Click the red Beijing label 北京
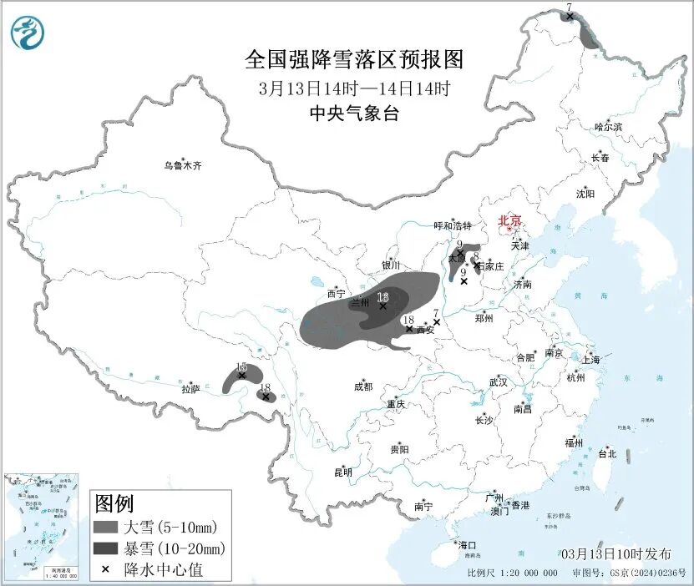tap(509, 220)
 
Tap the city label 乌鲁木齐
tap(182, 165)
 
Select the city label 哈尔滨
tap(608, 127)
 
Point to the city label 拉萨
tap(191, 388)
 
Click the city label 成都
tap(362, 386)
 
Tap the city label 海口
tap(467, 544)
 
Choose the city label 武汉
tap(499, 381)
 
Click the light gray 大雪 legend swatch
tap(106, 528)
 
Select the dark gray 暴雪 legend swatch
tap(106, 548)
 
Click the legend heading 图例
tap(114, 503)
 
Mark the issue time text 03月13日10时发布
tap(615, 553)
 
